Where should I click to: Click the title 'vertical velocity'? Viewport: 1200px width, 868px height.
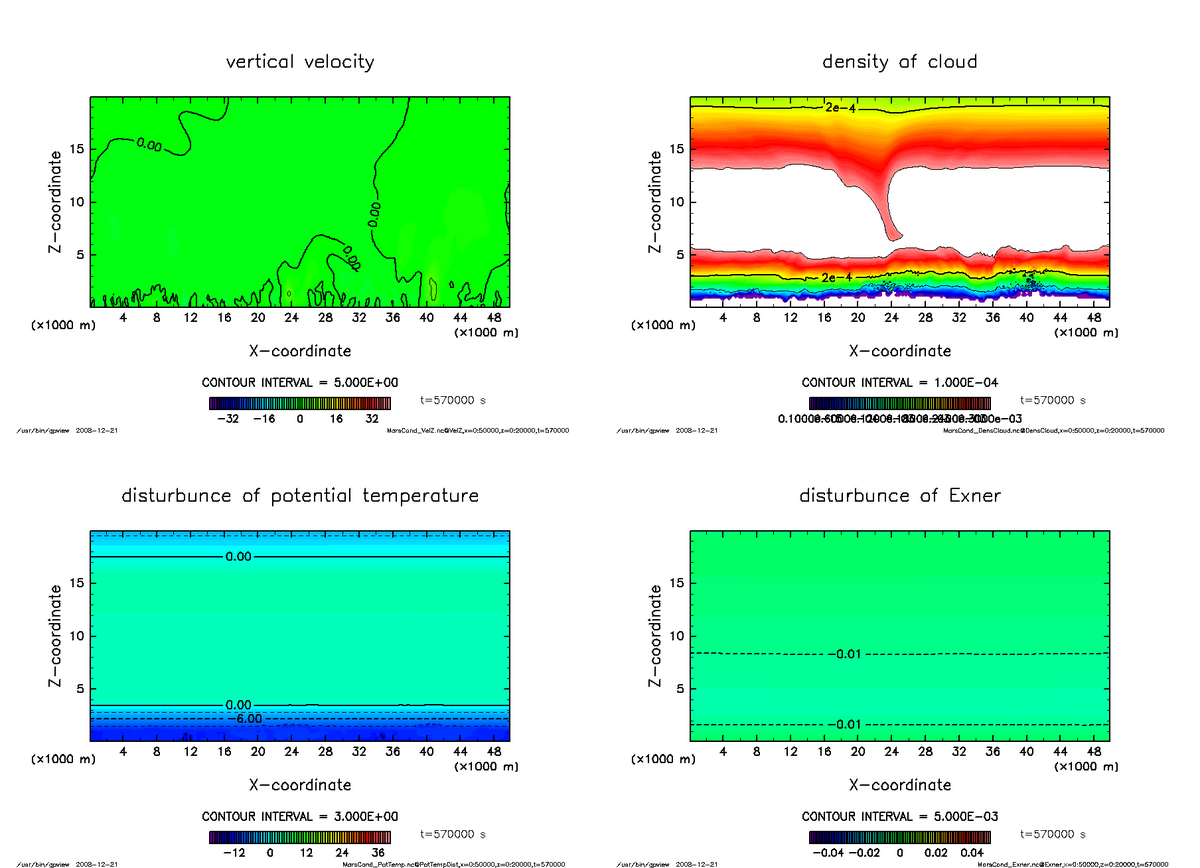pos(300,62)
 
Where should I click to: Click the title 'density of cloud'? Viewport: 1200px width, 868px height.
pos(899,62)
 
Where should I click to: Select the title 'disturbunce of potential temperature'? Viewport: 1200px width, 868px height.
pos(300,496)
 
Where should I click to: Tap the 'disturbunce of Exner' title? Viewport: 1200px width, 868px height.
pos(899,496)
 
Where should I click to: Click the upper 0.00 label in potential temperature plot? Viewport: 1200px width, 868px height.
pos(239,556)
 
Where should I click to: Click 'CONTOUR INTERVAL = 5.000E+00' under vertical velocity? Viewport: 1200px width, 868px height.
pos(299,382)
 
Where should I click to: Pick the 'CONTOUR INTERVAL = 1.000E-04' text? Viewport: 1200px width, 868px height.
pos(899,382)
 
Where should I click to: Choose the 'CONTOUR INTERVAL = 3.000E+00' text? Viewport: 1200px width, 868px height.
pos(299,816)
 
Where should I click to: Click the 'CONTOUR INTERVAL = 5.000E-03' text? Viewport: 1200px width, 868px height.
pos(899,816)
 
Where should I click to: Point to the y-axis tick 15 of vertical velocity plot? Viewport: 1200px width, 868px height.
pos(75,150)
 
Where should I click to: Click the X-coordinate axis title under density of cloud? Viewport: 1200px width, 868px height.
pos(899,351)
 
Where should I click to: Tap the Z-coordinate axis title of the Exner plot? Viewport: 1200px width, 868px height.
pos(656,636)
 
